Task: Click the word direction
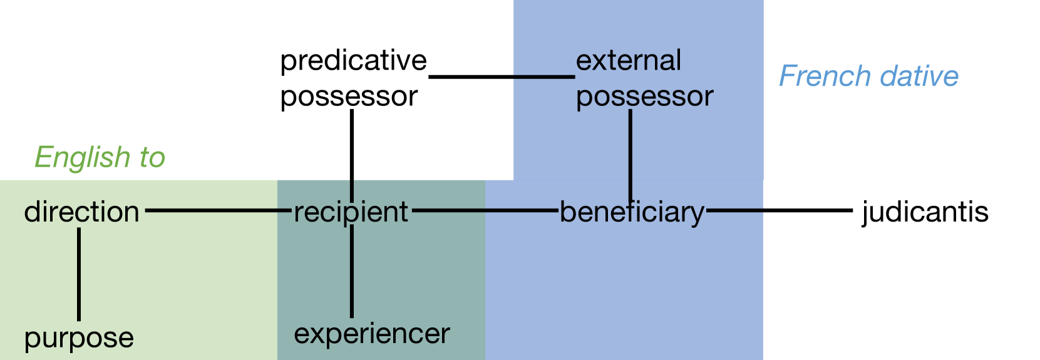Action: pyautogui.click(x=81, y=212)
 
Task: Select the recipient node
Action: pyautogui.click(x=351, y=212)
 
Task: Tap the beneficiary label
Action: pyautogui.click(x=632, y=213)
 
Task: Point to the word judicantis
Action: pyautogui.click(x=925, y=212)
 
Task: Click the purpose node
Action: pyautogui.click(x=79, y=339)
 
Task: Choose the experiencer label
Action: pyautogui.click(x=372, y=334)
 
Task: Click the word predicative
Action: pyautogui.click(x=353, y=61)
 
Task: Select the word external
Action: pyautogui.click(x=628, y=61)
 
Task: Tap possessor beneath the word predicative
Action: pyautogui.click(x=349, y=96)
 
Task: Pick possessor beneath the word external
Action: pyautogui.click(x=644, y=96)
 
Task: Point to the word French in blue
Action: pyautogui.click(x=823, y=76)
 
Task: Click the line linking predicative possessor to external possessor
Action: pyautogui.click(x=502, y=77)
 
